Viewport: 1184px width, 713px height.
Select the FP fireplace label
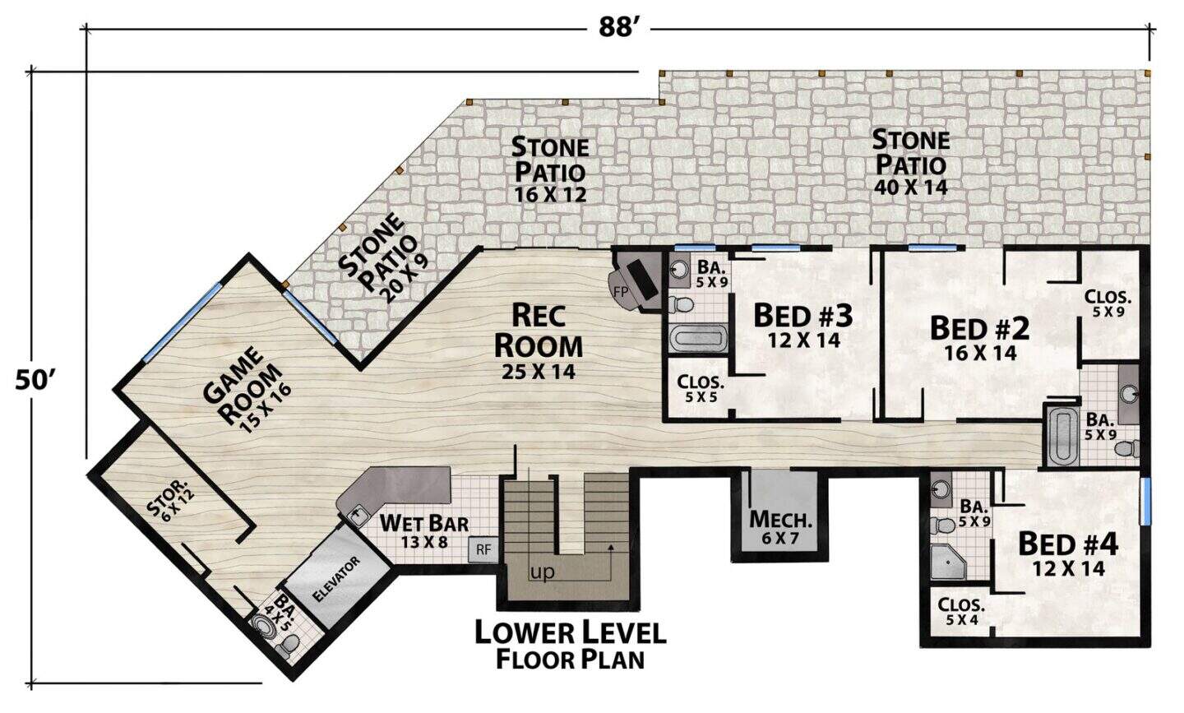coord(621,291)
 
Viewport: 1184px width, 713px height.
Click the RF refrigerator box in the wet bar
coord(483,549)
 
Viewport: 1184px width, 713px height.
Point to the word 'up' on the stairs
coord(542,573)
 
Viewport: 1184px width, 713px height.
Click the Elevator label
coord(336,579)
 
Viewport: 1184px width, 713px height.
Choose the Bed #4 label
coord(1068,555)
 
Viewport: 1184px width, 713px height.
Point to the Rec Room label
coord(539,342)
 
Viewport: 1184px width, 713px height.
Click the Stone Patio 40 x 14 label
coord(911,162)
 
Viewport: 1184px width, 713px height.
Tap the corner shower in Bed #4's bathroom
coord(948,562)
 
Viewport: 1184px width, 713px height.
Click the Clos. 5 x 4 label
coord(961,611)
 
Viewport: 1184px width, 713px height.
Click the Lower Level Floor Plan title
coord(571,646)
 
